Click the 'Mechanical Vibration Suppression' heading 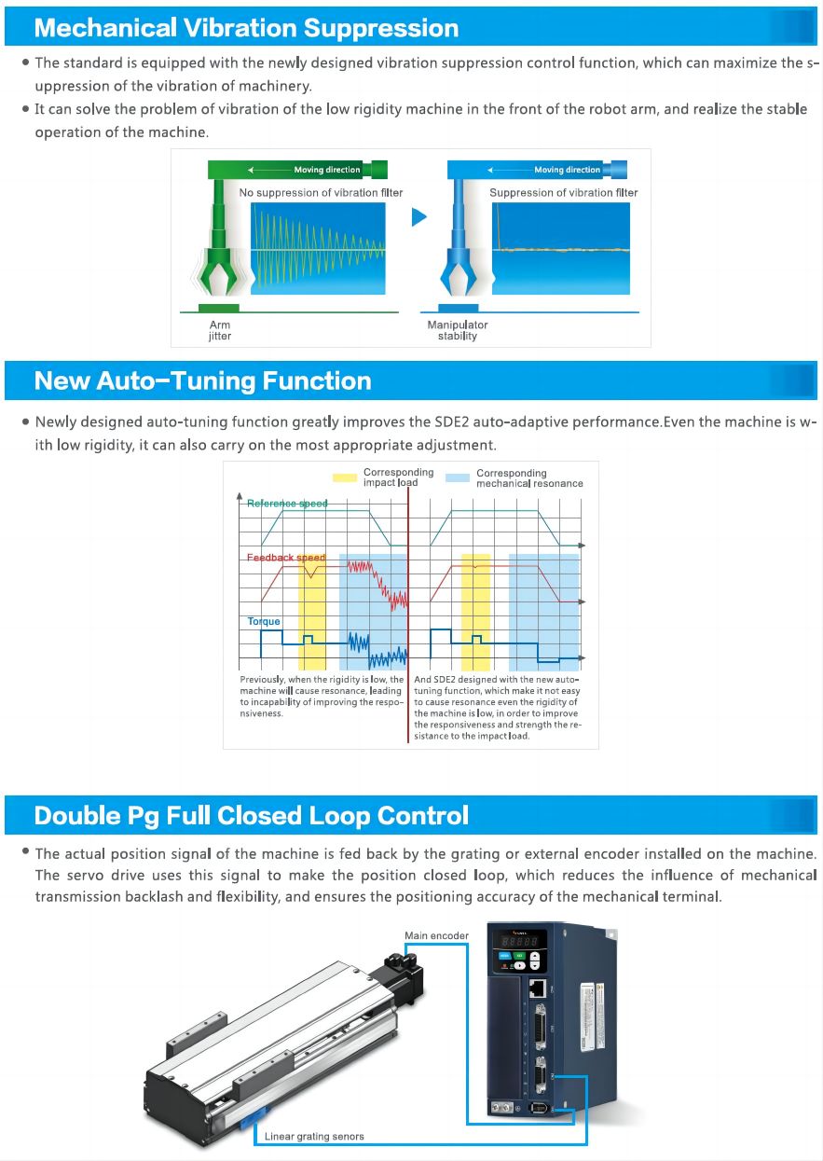(246, 28)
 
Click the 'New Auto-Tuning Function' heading (202, 380)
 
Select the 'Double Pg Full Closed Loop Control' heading (251, 816)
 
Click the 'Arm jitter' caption (220, 330)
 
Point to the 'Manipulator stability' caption (457, 330)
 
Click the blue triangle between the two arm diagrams (418, 217)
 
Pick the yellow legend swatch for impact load (346, 477)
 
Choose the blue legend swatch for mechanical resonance (458, 477)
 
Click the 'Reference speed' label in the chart (287, 504)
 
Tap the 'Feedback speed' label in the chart (286, 558)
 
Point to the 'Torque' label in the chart (264, 621)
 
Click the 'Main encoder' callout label (436, 935)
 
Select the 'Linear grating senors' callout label (314, 1136)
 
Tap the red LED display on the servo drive (519, 942)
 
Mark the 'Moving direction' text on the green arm (326, 170)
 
